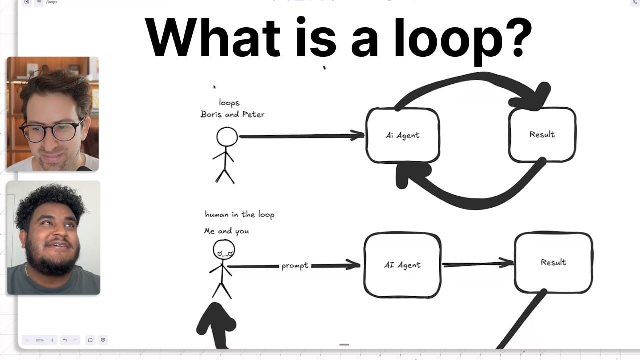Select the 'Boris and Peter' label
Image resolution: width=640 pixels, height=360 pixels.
click(x=232, y=114)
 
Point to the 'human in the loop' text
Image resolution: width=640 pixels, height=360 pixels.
click(x=240, y=214)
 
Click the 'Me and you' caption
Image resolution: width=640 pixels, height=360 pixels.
click(x=226, y=231)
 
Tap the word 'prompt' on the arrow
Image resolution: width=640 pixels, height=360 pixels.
click(x=295, y=266)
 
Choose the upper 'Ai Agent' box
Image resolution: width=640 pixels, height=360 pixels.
click(x=403, y=135)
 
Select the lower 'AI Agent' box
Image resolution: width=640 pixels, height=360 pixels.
click(x=402, y=265)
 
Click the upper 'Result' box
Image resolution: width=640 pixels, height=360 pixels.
click(x=542, y=134)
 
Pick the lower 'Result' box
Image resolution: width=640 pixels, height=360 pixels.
click(x=553, y=262)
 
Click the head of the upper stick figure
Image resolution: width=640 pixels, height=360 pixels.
click(x=227, y=137)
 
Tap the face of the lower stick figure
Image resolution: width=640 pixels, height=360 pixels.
click(x=224, y=249)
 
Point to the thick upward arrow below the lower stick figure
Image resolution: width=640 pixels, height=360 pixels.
click(x=217, y=325)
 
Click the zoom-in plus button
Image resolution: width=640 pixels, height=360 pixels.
click(x=52, y=340)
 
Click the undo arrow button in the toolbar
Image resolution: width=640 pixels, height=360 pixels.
click(x=65, y=340)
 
